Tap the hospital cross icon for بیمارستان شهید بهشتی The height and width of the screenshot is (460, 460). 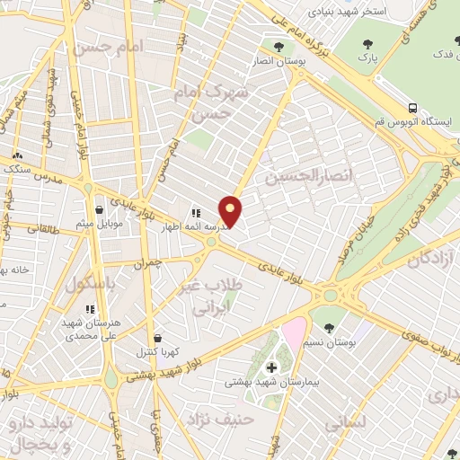271,368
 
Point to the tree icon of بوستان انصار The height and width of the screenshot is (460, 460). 279,47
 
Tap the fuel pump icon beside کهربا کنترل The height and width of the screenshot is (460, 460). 159,339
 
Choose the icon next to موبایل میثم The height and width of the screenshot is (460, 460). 111,210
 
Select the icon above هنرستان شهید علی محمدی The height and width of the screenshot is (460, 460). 89,308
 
